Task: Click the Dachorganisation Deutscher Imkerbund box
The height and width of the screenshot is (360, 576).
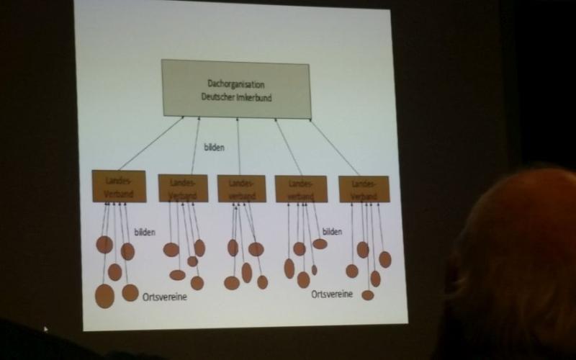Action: coord(236,89)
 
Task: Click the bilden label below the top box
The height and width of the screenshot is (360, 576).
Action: coord(214,148)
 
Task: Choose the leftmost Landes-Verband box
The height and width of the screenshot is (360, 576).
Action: coord(119,186)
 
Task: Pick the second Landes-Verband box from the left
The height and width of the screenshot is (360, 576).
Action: coord(183,188)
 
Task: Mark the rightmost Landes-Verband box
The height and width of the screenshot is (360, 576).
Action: coord(364,189)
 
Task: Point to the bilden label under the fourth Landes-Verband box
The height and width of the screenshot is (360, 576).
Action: coord(332,231)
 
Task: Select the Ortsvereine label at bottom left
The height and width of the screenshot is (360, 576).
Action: coord(165,296)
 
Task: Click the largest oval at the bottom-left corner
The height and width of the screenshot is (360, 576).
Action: coord(104,295)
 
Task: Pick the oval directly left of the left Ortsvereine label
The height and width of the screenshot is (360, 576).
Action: coord(130,292)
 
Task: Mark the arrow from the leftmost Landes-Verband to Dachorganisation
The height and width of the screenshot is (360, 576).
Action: coord(150,143)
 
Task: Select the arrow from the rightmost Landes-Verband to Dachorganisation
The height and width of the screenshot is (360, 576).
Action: coord(335,148)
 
